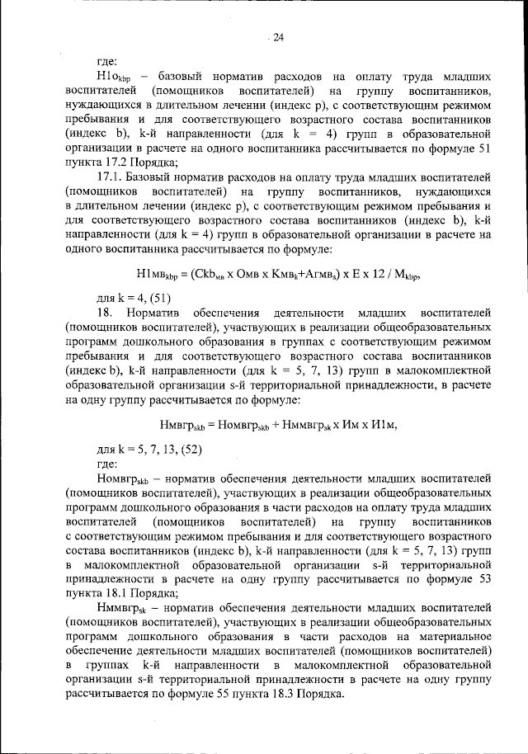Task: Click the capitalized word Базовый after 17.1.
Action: [x=158, y=178]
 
